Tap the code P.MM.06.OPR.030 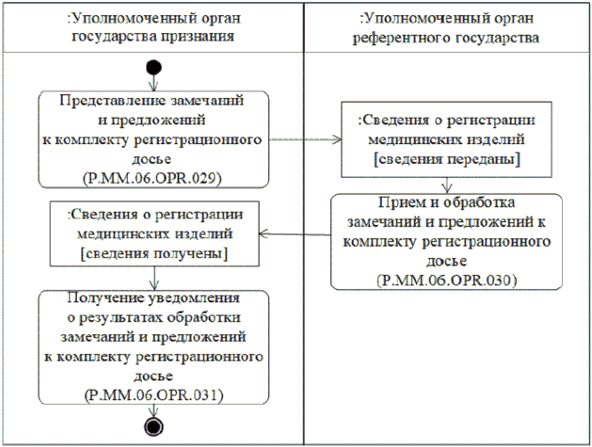pos(446,279)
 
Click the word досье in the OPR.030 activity pos(446,261)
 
